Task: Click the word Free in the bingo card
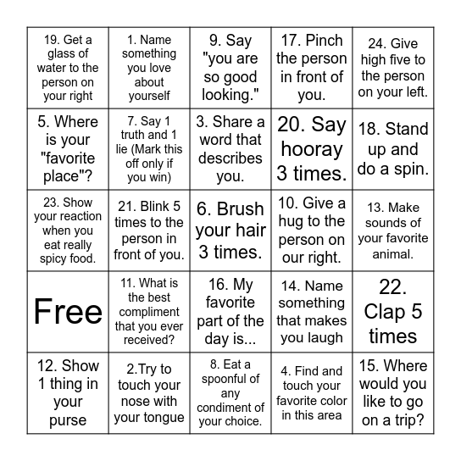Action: pos(68,312)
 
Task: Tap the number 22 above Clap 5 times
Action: pos(392,287)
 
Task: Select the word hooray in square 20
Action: pos(311,149)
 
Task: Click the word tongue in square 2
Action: pos(163,417)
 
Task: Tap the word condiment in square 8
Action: pos(230,408)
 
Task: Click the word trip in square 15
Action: pos(409,420)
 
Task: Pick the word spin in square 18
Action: pos(406,168)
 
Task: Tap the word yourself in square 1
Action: pos(149,96)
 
